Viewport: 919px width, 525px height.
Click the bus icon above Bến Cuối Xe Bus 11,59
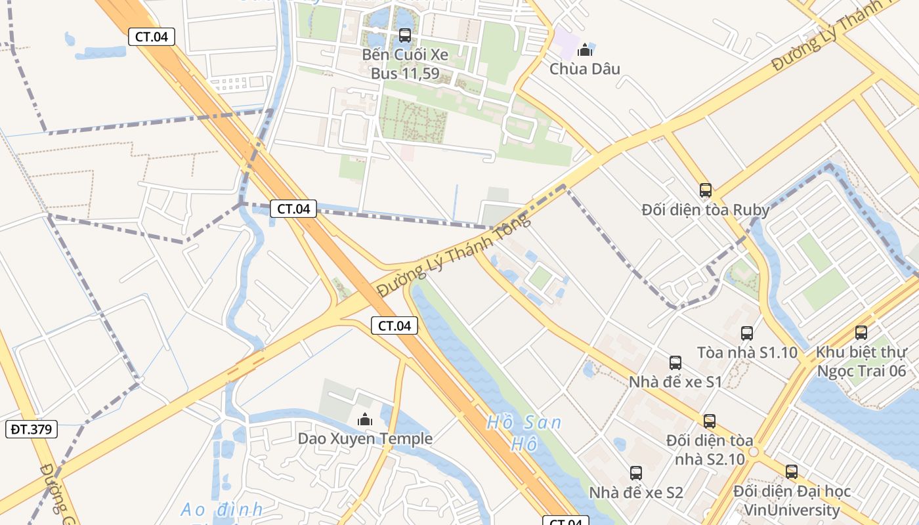[x=404, y=35]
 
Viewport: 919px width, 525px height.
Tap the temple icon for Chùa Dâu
[x=584, y=50]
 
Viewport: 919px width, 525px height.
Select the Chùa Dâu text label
[x=584, y=69]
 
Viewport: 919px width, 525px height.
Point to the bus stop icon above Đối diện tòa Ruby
[x=706, y=190]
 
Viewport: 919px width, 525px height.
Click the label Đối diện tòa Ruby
[x=706, y=210]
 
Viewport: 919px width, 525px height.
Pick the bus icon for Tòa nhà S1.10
[x=747, y=333]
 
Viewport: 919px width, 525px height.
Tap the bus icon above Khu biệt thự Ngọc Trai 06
[x=861, y=333]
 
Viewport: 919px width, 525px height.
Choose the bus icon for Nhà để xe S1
[x=675, y=362]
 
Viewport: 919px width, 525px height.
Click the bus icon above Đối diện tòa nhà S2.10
[x=710, y=421]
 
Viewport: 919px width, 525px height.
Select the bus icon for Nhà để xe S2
[x=635, y=472]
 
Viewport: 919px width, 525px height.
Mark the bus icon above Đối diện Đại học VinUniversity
[x=792, y=471]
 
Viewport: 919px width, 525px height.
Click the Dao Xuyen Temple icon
[x=364, y=419]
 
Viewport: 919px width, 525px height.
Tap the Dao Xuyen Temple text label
[x=365, y=438]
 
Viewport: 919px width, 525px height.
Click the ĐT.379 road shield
[x=32, y=429]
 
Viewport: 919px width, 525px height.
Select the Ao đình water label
[x=221, y=509]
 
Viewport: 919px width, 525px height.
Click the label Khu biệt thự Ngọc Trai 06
[x=860, y=361]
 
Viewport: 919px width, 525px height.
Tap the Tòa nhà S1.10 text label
[x=747, y=352]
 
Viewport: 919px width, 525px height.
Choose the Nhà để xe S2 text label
[x=635, y=492]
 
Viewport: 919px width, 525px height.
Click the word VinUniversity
[x=792, y=510]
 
